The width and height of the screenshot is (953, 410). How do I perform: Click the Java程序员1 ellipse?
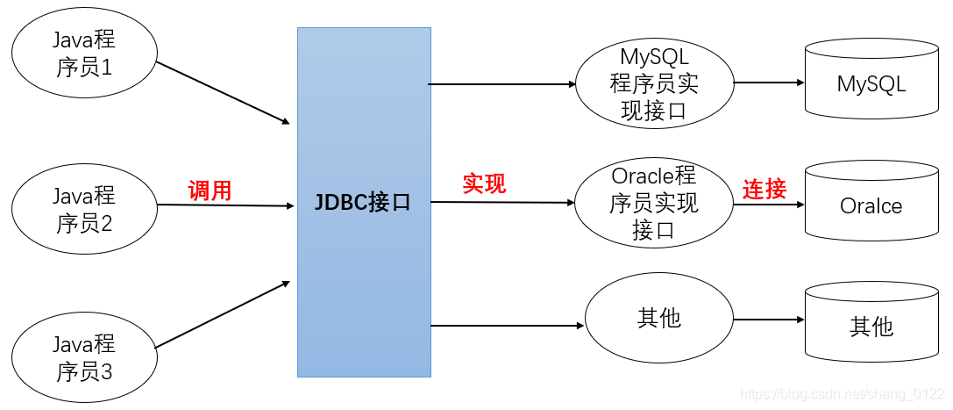click(84, 54)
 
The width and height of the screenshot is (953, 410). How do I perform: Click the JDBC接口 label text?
click(363, 203)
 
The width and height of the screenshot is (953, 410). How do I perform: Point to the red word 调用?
click(210, 190)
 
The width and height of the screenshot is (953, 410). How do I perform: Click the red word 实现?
click(484, 184)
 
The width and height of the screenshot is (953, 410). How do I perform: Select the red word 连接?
click(765, 189)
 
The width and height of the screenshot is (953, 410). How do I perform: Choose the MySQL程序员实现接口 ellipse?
click(654, 84)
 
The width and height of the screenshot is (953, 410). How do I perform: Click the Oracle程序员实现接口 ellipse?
click(654, 204)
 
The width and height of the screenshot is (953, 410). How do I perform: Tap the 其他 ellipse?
click(659, 318)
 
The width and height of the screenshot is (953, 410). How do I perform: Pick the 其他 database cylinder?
click(871, 324)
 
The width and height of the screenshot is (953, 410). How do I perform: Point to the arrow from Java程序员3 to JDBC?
click(223, 314)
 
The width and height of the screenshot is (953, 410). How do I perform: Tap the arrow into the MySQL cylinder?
click(769, 83)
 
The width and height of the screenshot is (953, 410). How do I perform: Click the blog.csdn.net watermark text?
click(843, 395)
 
